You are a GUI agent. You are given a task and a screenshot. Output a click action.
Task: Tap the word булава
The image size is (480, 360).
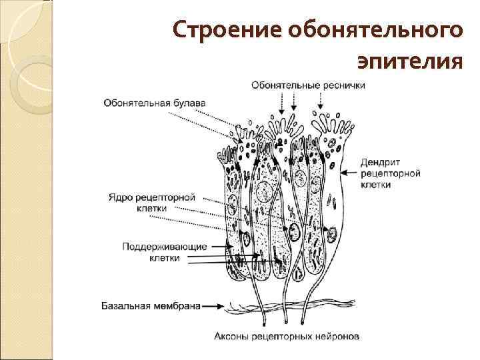tap(189, 103)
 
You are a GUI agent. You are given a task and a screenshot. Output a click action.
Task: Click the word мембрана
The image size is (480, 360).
tap(177, 307)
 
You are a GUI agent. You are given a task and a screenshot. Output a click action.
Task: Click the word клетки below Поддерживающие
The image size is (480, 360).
tap(165, 258)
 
